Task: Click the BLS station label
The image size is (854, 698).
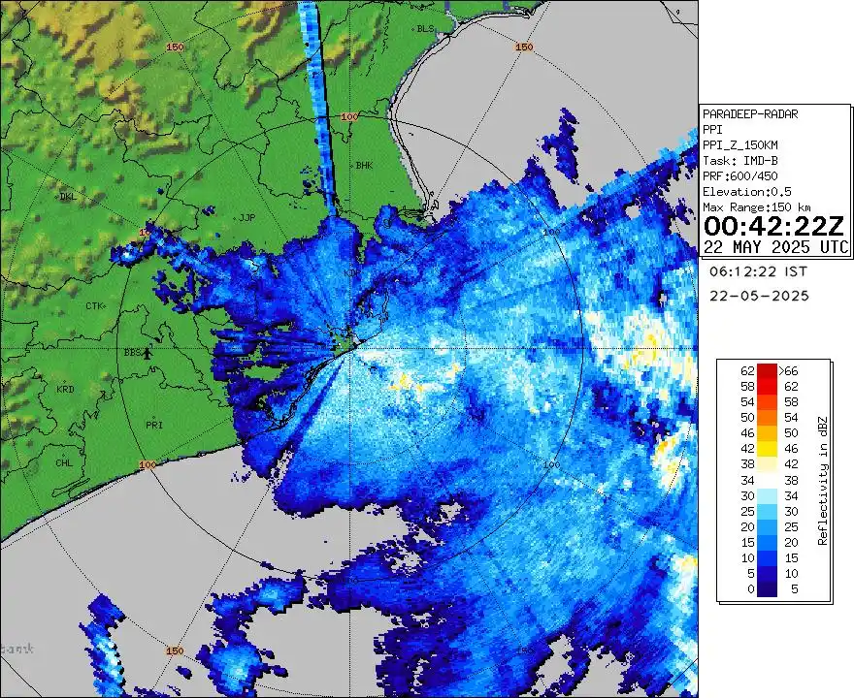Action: coord(424,29)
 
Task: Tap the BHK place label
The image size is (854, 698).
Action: coord(364,166)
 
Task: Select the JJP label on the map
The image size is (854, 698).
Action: coord(246,217)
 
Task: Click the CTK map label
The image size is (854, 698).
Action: coord(93,306)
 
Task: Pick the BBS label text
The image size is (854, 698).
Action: coord(132,353)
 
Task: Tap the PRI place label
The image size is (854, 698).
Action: coord(153,425)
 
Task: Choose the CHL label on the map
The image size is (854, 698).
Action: coord(64,462)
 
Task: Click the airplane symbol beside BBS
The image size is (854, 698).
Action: coord(148,353)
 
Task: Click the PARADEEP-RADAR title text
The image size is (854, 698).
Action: coord(750,114)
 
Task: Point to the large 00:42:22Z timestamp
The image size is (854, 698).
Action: coord(773,227)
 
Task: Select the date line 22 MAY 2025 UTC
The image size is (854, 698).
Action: coord(776,247)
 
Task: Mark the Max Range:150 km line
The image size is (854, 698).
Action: coord(756,207)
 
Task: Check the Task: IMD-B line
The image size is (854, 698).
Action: coord(740,161)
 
